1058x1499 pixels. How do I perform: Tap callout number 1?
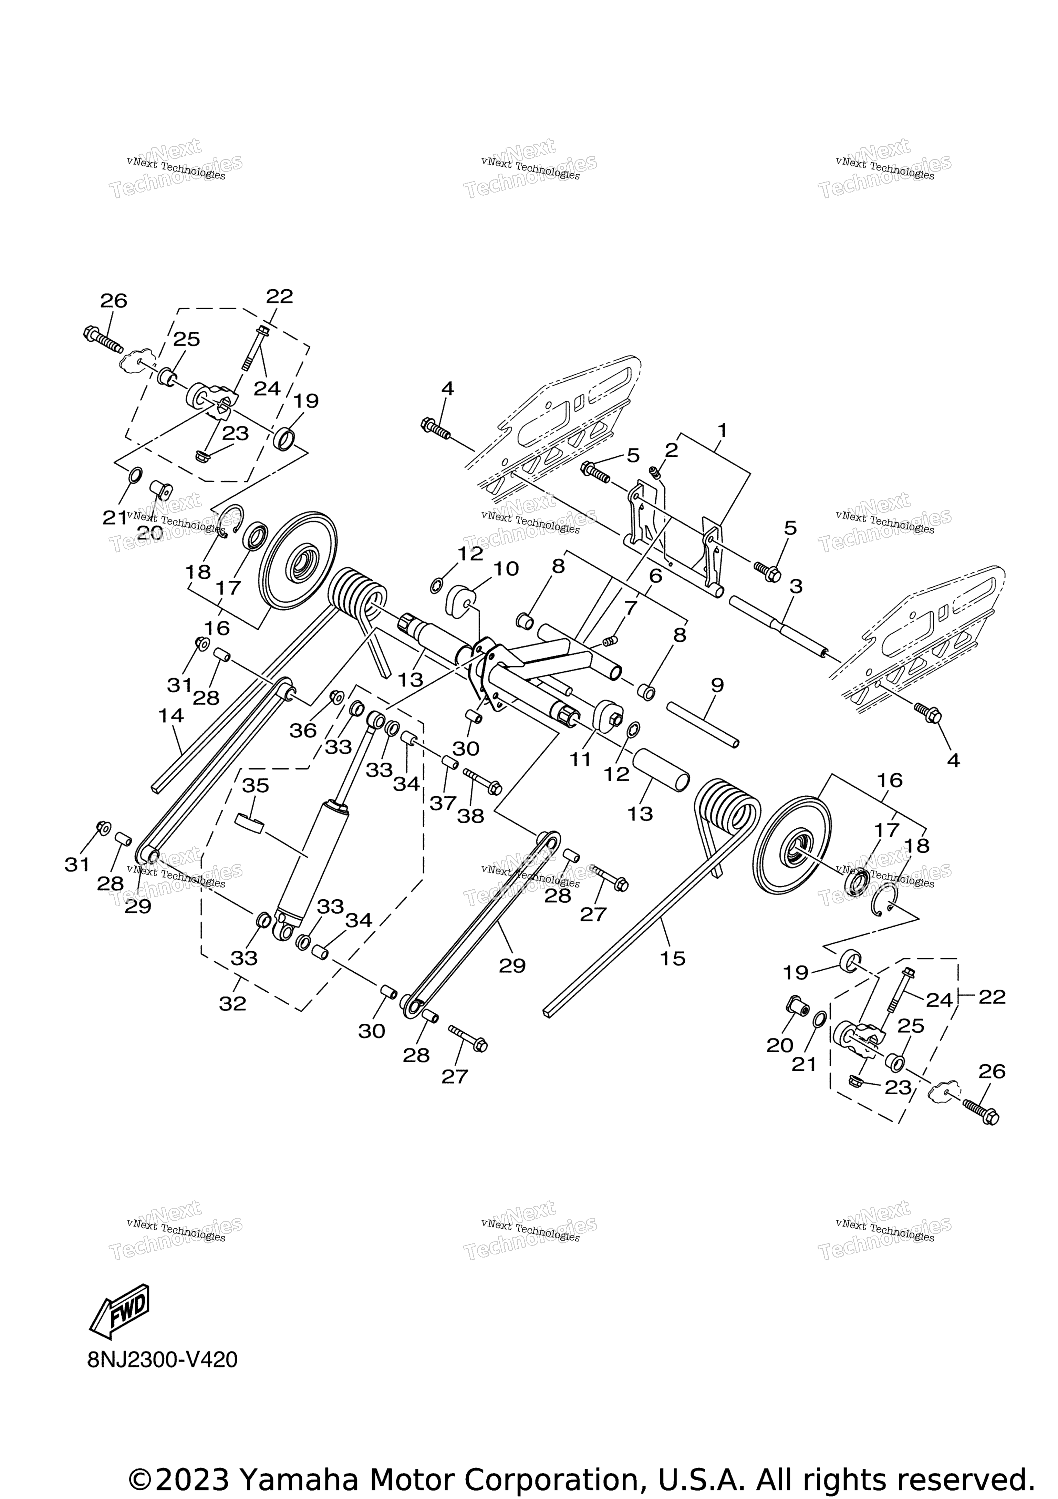[722, 430]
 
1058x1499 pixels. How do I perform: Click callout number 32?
[232, 1003]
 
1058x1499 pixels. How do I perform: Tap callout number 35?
[255, 785]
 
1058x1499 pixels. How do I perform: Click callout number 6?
[655, 576]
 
